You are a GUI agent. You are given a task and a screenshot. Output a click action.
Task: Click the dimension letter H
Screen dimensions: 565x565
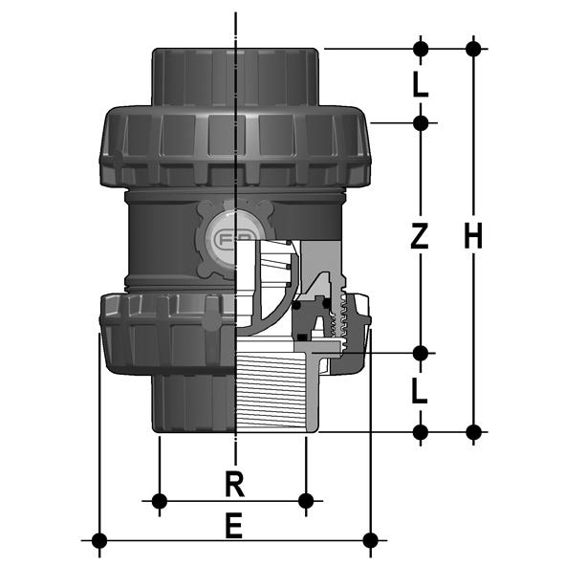tap(473, 236)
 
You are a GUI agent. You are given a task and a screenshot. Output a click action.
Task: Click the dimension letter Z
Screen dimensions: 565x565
tap(420, 236)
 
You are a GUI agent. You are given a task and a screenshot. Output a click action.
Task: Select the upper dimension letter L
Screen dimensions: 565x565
tap(421, 85)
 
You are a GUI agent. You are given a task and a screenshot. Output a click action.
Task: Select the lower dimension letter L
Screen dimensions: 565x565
tap(420, 392)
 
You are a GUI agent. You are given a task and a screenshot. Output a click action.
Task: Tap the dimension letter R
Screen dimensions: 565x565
tap(234, 485)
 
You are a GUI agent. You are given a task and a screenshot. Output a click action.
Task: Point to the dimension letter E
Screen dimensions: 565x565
tap(234, 526)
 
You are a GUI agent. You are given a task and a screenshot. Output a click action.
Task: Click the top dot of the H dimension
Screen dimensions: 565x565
tap(473, 49)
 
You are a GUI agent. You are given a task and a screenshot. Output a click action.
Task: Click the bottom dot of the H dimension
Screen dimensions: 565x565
tap(473, 432)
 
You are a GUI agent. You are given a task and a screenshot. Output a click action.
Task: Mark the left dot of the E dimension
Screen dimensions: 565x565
tap(99, 540)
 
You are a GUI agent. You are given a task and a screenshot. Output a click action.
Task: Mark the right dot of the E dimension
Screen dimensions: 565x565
tap(370, 540)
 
